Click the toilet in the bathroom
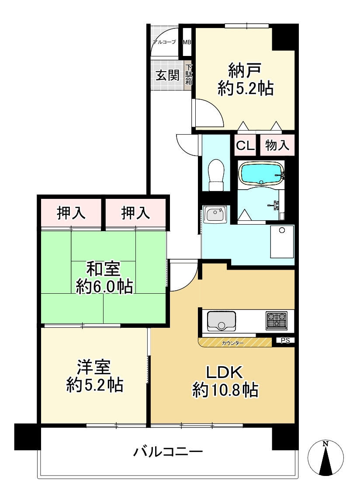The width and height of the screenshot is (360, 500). (216, 175)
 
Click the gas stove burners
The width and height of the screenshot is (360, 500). (276, 320)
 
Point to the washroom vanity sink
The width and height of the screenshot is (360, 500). (215, 215)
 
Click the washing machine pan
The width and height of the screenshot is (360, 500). (282, 242)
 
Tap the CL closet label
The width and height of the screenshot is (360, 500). (245, 146)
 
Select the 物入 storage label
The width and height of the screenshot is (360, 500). (277, 146)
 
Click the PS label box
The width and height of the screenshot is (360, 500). (285, 340)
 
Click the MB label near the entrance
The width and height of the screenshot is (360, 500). (187, 42)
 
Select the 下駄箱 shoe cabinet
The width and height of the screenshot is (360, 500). (188, 76)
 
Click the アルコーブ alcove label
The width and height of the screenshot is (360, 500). (164, 42)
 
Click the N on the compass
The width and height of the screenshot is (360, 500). (325, 444)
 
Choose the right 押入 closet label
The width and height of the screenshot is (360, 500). (136, 213)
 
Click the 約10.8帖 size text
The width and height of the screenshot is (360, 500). (225, 389)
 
